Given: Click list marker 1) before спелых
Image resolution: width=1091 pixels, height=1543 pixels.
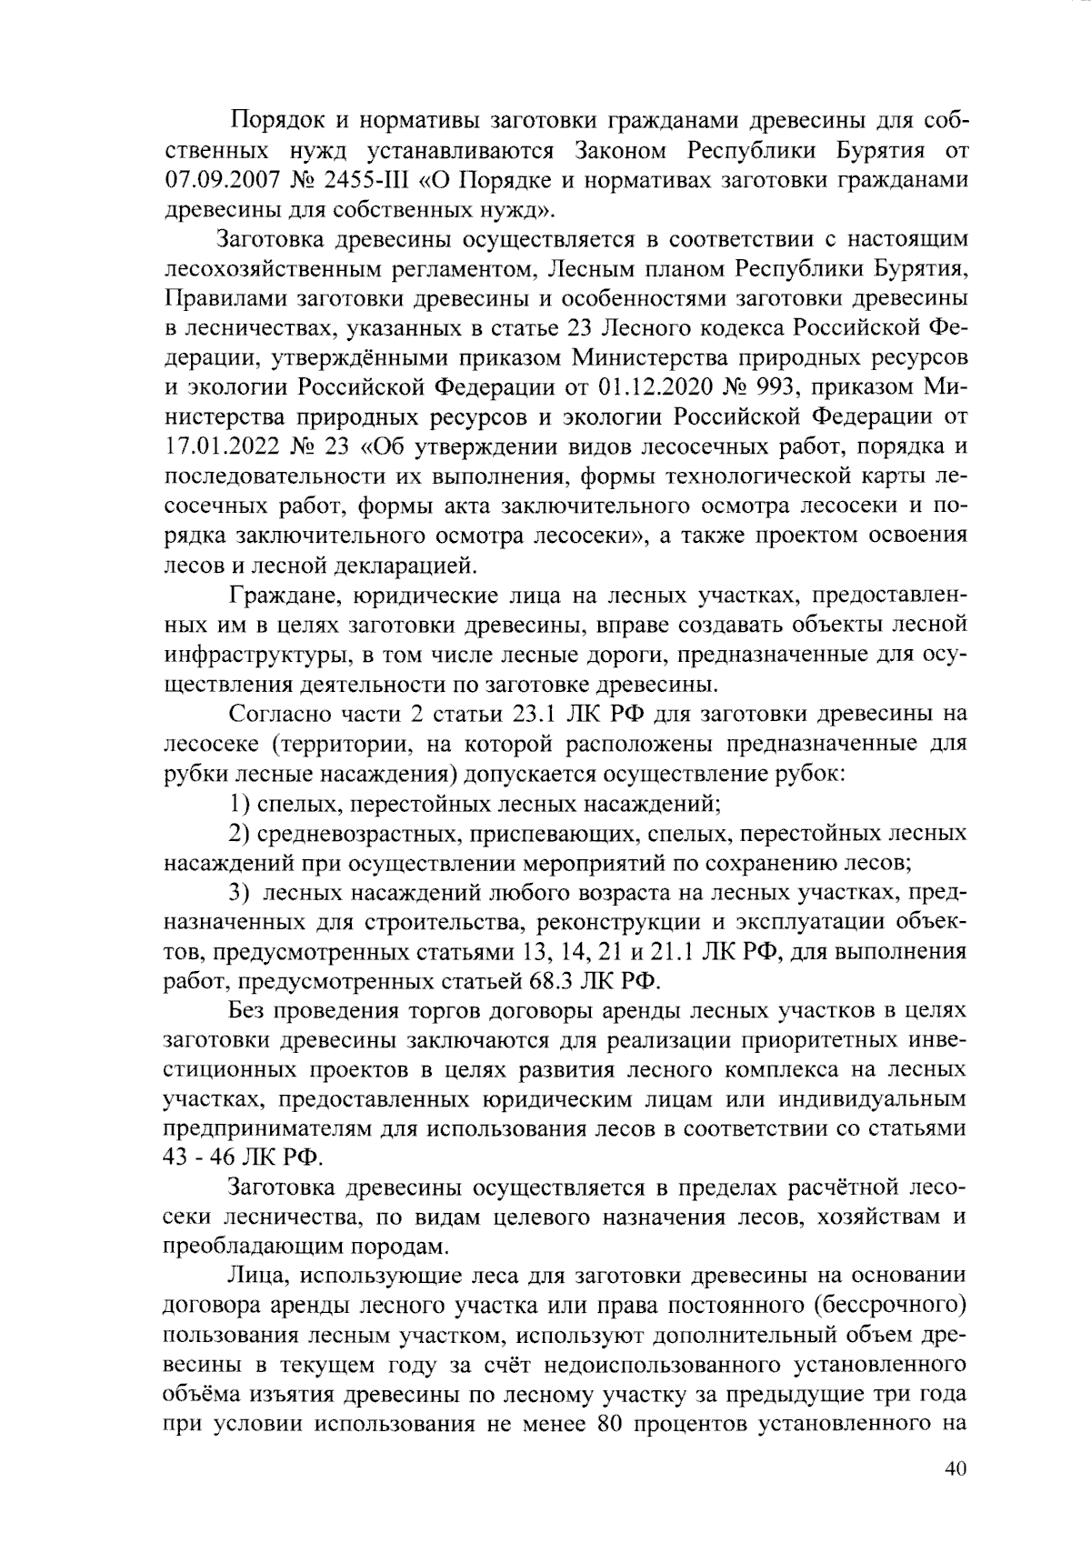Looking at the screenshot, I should (x=239, y=804).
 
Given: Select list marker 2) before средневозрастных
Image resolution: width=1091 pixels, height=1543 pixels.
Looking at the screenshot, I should (x=239, y=834).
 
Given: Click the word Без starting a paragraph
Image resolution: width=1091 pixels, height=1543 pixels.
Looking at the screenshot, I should (x=248, y=1011).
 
